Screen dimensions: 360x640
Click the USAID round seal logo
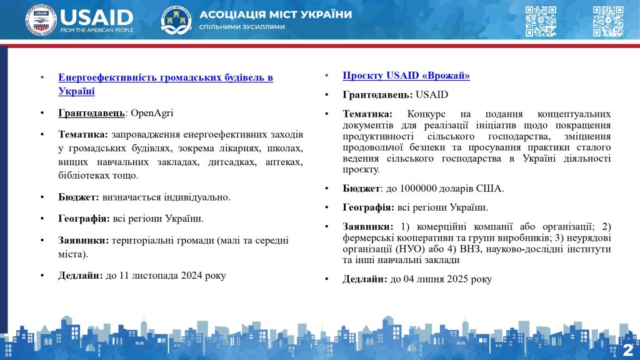click(x=41, y=21)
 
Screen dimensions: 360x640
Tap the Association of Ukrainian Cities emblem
click(x=176, y=21)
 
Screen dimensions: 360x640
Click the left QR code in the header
click(x=540, y=21)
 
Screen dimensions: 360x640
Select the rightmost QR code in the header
click(x=607, y=21)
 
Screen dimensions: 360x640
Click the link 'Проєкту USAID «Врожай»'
click(x=406, y=76)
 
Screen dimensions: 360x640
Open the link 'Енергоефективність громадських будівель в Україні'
click(x=165, y=77)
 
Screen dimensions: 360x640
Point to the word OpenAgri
click(x=152, y=113)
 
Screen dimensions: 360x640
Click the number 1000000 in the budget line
click(x=412, y=188)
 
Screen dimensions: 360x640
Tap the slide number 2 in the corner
click(x=628, y=349)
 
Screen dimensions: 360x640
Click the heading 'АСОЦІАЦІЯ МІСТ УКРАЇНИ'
click(x=276, y=15)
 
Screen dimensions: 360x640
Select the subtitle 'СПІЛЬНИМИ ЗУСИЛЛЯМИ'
click(x=242, y=27)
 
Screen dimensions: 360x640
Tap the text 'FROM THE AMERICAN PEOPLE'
click(x=96, y=30)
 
